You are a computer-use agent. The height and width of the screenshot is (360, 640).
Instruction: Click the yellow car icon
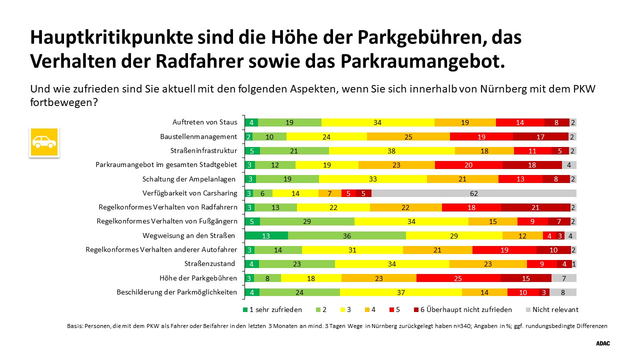(44, 142)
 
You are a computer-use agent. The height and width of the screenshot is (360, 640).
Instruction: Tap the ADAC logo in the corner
(603, 343)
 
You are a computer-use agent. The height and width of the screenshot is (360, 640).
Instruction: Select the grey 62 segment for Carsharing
(473, 193)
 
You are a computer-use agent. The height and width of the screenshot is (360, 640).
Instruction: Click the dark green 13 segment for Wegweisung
(266, 235)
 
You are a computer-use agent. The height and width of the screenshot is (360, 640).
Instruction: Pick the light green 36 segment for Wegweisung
(346, 235)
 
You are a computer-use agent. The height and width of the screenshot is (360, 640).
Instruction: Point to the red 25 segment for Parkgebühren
(458, 278)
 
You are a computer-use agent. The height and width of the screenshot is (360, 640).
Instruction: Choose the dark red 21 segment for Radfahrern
(535, 207)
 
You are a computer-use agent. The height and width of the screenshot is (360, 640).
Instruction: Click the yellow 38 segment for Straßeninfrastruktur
(391, 150)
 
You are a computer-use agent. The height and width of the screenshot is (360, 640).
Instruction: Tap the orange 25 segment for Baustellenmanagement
(408, 136)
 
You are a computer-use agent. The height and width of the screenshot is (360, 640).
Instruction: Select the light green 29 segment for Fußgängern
(307, 221)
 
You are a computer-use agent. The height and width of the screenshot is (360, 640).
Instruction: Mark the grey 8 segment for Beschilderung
(563, 292)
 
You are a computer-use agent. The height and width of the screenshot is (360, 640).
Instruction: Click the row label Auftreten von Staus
(204, 122)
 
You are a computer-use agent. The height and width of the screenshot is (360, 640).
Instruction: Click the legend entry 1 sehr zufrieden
(272, 309)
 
